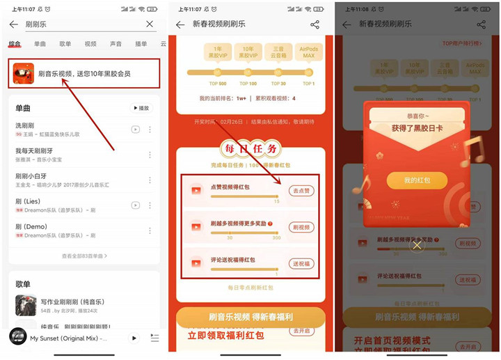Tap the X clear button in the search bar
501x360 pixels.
coord(150,24)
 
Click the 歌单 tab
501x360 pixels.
coord(65,44)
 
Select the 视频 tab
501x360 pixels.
coord(90,44)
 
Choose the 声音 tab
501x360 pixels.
coord(116,44)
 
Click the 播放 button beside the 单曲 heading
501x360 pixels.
coord(141,109)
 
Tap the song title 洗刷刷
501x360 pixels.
coord(25,126)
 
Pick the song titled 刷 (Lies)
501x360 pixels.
coord(28,201)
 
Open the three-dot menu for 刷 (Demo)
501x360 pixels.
coord(150,228)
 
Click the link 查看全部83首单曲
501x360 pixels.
coord(84,256)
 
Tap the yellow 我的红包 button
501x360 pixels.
coord(417,180)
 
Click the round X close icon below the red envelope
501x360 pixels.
coord(417,245)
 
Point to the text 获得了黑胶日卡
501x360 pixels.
coord(417,127)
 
